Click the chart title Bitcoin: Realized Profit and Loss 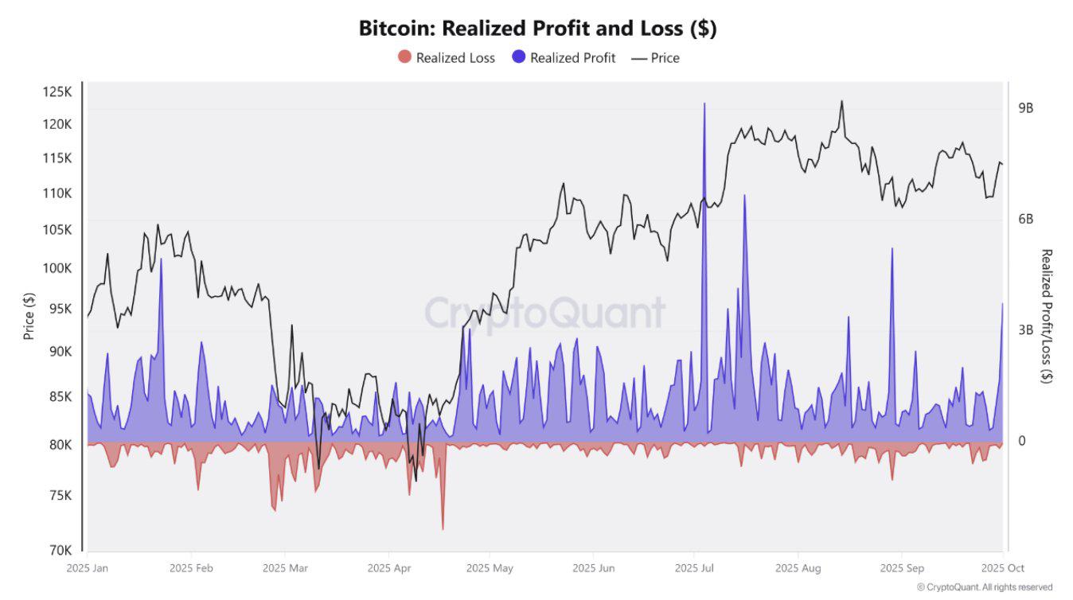[537, 29]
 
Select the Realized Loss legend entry [447, 57]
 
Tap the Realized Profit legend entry [564, 57]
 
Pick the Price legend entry [655, 57]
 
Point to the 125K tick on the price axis [57, 92]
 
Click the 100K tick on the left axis [57, 268]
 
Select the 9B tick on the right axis [1025, 108]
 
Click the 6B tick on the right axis [1025, 219]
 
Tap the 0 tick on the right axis [1023, 441]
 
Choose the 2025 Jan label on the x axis [88, 568]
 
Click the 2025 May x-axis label [490, 568]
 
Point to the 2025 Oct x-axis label [1003, 568]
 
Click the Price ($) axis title [29, 316]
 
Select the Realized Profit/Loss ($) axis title [1047, 316]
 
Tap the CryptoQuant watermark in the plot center [544, 313]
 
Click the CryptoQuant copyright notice [984, 587]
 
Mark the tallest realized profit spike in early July [704, 104]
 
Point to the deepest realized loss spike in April [443, 528]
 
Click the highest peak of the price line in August [841, 101]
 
